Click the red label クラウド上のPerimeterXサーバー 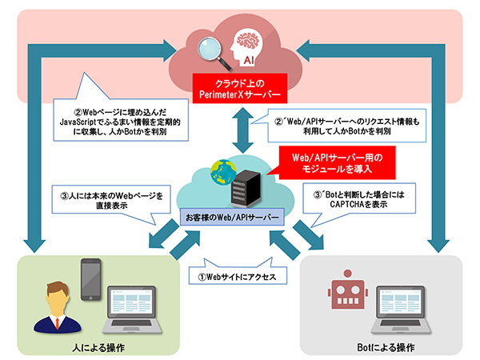coord(239,88)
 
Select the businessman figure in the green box coord(55,308)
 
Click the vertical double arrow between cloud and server coord(239,127)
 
